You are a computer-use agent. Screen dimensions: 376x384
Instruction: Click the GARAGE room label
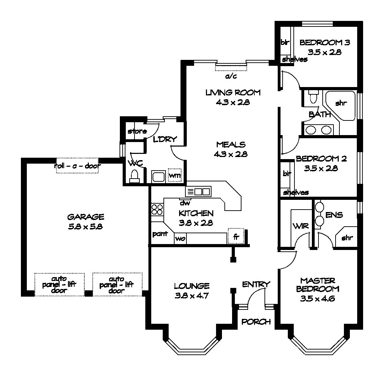85,217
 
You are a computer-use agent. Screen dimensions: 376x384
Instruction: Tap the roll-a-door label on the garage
77,166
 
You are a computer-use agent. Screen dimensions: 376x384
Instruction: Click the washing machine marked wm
175,175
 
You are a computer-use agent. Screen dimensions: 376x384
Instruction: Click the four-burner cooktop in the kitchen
157,209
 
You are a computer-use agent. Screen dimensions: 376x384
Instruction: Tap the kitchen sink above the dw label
198,191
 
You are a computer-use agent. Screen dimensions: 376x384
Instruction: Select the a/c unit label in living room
231,76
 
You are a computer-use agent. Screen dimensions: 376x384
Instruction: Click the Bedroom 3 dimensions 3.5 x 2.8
324,52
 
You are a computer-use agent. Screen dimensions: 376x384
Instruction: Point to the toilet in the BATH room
313,97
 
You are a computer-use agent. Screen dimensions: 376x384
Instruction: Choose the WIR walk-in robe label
300,226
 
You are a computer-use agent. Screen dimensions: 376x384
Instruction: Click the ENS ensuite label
334,215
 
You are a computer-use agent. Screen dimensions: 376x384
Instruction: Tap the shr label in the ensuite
347,238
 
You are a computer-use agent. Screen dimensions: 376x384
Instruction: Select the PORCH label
256,322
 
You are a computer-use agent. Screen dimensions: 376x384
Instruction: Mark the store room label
137,132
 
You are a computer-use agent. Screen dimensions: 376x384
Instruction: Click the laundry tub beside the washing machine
158,176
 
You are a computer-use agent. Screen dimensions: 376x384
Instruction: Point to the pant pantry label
160,234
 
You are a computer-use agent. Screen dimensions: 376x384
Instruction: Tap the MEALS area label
231,144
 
